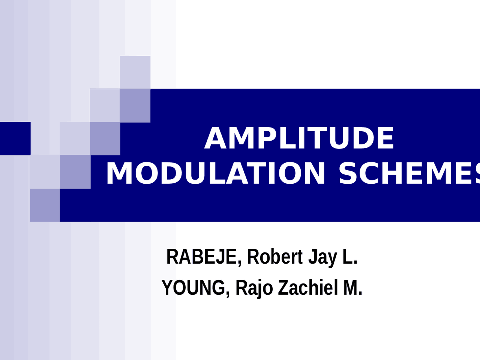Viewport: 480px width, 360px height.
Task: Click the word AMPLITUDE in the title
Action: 299,138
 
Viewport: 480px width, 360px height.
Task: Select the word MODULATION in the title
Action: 216,173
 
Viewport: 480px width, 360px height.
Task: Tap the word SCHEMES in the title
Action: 409,173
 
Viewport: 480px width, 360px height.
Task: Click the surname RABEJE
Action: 201,257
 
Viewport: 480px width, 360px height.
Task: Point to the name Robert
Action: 275,256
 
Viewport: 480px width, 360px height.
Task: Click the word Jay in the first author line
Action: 323,258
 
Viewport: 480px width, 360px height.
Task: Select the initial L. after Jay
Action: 350,257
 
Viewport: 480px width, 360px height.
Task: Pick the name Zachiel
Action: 308,287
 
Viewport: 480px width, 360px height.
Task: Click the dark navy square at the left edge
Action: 15,139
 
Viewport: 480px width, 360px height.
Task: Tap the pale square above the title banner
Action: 135,72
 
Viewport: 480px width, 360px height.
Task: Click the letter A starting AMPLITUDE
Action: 215,138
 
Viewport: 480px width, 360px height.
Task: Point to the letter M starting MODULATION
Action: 119,173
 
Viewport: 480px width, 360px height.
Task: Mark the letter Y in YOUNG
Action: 168,287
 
